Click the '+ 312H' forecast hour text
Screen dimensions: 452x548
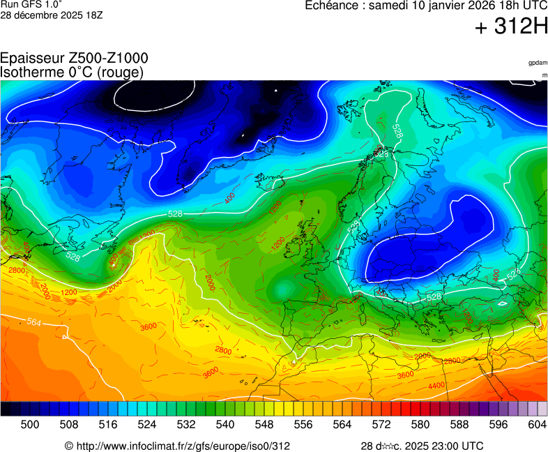pos(511,27)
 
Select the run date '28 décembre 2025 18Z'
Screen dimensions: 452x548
pos(52,15)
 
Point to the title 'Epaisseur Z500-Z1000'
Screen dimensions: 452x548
pos(74,59)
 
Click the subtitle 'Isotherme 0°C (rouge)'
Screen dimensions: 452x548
pos(72,72)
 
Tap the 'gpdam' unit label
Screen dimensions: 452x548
pos(538,63)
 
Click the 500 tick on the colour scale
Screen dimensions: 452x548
pos(30,424)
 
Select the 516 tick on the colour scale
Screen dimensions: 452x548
pos(108,424)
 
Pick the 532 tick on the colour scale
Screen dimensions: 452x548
pos(186,424)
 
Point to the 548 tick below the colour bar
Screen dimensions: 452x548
pos(264,424)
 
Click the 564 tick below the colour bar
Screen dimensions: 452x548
pos(342,424)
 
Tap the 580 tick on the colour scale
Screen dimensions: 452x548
pos(420,424)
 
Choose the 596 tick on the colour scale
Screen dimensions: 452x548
pos(498,424)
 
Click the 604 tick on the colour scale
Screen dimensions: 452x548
pos(536,424)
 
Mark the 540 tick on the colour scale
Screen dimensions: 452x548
pos(225,424)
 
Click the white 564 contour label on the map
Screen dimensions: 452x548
pos(34,322)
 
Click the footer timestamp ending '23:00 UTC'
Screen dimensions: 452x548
pos(422,446)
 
